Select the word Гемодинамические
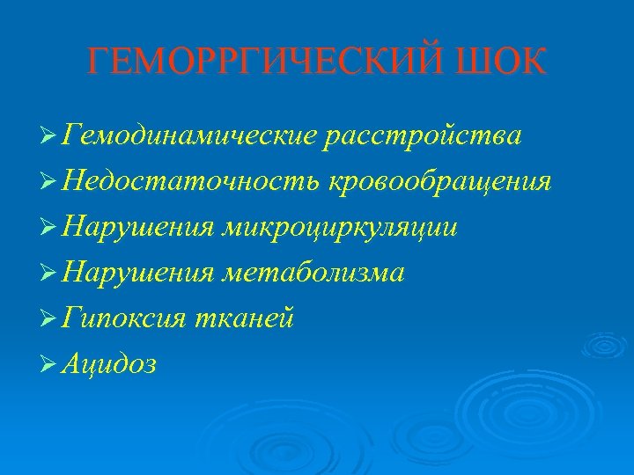click(189, 136)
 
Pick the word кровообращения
click(440, 182)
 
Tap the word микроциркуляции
click(340, 228)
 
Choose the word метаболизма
click(313, 274)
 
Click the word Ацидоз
click(110, 365)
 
